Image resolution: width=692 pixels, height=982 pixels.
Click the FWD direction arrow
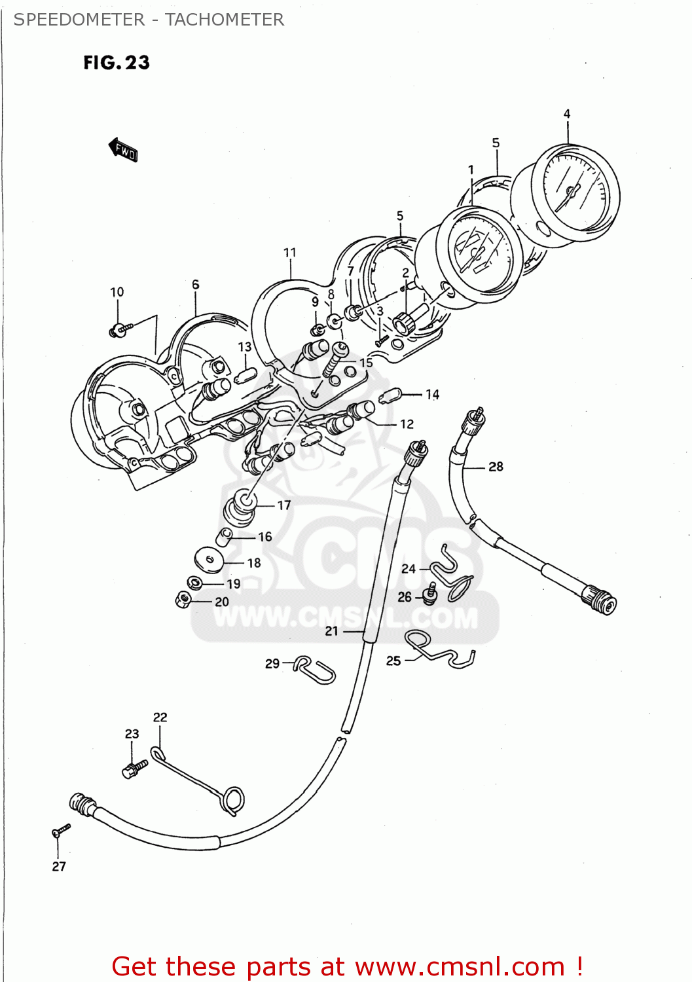124,150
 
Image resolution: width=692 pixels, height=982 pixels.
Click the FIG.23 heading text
117,63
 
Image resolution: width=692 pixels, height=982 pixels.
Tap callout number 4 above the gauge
567,114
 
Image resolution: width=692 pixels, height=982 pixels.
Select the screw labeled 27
60,830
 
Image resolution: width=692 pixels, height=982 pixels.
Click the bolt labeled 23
134,769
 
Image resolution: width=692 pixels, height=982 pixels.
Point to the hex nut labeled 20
184,598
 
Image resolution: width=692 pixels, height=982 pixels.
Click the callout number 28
496,467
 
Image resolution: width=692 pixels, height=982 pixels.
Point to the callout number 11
290,253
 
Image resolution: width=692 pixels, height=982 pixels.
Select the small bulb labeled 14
390,396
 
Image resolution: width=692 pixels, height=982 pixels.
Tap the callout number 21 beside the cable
332,631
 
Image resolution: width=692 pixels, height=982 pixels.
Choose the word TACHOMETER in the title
224,20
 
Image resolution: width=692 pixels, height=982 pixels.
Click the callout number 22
160,718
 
